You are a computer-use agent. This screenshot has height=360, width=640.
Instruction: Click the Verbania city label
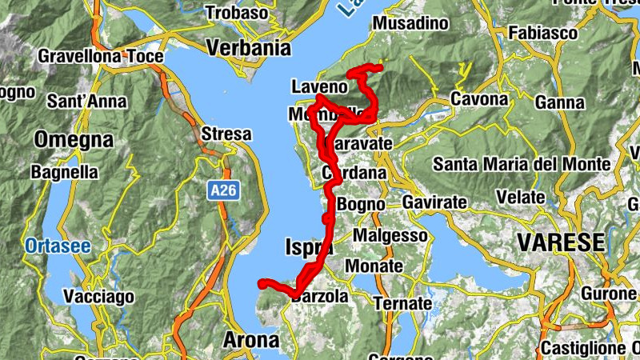(247, 48)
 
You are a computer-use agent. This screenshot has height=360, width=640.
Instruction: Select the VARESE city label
(560, 242)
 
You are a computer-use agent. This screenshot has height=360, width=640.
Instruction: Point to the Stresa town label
(226, 134)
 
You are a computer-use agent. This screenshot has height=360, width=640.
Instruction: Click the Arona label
(251, 339)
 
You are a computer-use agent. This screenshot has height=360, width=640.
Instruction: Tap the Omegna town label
(73, 139)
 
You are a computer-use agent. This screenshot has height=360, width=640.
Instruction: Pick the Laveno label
(320, 86)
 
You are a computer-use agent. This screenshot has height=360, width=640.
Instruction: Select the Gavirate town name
(434, 203)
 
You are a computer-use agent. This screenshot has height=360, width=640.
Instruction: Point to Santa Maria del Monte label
(522, 165)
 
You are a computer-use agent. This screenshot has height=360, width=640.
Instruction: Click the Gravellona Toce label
(100, 57)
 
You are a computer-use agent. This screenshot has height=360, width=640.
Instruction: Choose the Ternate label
(402, 304)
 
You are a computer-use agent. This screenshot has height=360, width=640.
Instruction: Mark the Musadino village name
(411, 24)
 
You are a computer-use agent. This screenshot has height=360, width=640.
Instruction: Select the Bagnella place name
(64, 172)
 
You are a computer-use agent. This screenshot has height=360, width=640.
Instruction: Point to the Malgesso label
(390, 236)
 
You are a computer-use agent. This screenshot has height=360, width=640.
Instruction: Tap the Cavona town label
(480, 100)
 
